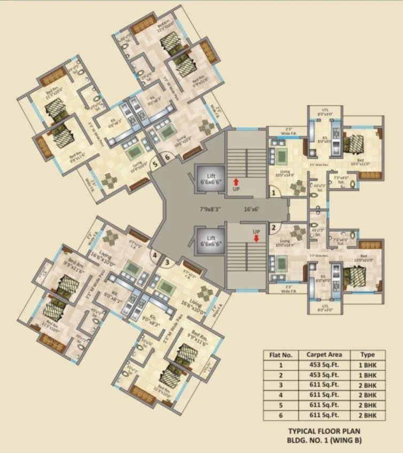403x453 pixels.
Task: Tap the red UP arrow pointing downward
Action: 257,239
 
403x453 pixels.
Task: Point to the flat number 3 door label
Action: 167,262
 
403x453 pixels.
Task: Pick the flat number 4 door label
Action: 155,256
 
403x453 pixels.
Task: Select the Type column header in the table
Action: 368,355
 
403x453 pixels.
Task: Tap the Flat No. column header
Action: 281,355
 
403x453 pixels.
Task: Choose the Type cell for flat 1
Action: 368,365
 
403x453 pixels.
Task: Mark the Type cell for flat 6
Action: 368,415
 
